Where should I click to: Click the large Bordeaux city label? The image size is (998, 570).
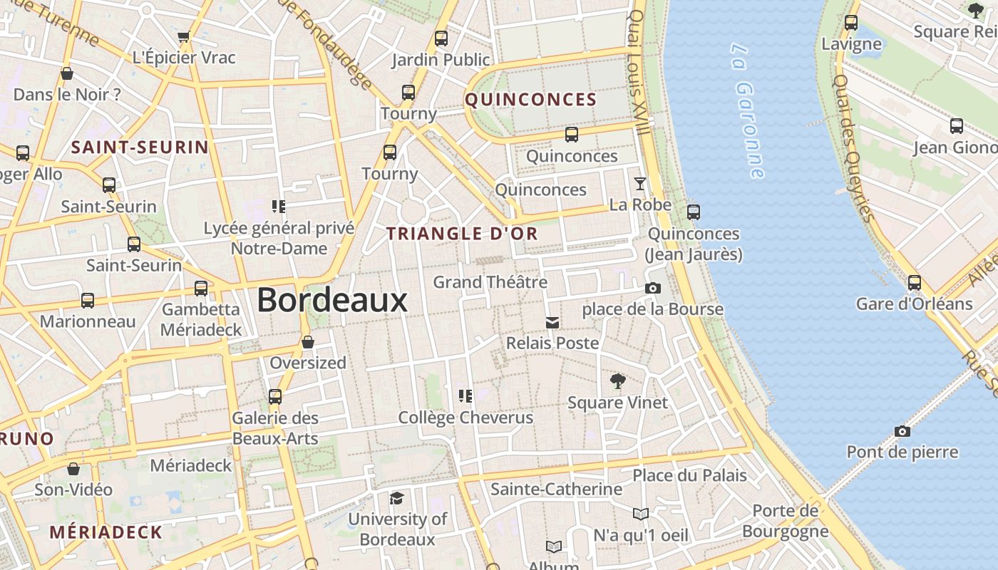[x=332, y=300]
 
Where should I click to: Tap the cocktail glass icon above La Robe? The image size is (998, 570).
[x=640, y=184]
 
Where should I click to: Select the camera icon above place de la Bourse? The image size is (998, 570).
[x=652, y=289]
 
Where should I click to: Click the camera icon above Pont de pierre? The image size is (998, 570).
[x=902, y=431]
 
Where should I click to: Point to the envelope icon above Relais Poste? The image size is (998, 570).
[x=552, y=323]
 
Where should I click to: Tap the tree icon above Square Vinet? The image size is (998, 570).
[x=618, y=382]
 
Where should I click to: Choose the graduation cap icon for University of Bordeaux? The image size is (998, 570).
[x=396, y=498]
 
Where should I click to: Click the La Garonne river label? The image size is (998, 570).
[x=748, y=110]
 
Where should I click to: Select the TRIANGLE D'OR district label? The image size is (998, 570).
[x=462, y=233]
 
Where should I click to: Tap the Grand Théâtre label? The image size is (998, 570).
[x=490, y=282]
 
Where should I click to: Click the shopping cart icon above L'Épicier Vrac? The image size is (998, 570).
[x=183, y=37]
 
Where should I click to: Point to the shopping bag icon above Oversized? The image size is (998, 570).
[x=308, y=343]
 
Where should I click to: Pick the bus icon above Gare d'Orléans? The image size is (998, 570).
[x=915, y=283]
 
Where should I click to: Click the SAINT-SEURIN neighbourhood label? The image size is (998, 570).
[x=140, y=147]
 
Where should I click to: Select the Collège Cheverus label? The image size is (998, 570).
[x=465, y=418]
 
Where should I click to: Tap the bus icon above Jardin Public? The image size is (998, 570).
[x=441, y=38]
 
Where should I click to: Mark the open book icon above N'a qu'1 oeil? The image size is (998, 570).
[x=640, y=514]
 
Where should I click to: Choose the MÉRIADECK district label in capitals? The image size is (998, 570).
[x=106, y=532]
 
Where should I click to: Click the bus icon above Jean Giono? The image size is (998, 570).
[x=957, y=127]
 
